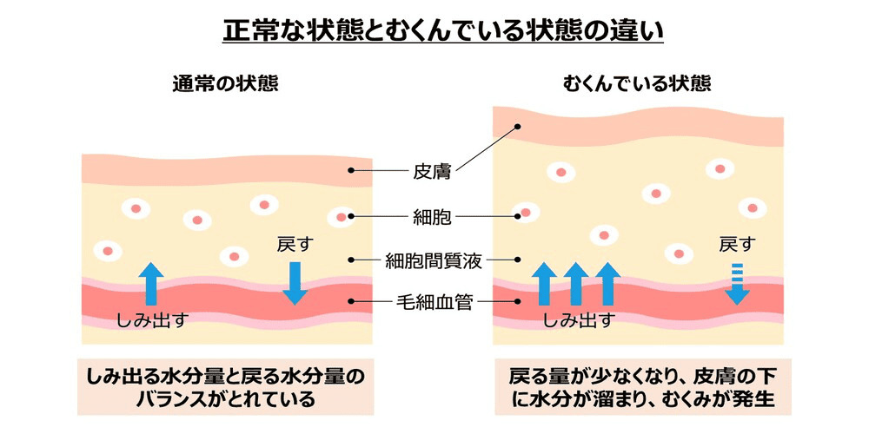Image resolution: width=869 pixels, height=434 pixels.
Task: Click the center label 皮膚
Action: (x=432, y=170)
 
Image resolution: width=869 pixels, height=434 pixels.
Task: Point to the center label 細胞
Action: (x=432, y=215)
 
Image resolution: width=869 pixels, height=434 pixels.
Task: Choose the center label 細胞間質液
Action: (x=432, y=260)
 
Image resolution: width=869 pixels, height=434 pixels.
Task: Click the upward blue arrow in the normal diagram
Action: (x=153, y=282)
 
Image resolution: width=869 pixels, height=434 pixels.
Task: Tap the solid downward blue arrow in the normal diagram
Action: (x=295, y=281)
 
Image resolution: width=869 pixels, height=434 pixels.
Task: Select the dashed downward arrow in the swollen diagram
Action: (x=737, y=282)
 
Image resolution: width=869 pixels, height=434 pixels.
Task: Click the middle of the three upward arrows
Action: (x=574, y=283)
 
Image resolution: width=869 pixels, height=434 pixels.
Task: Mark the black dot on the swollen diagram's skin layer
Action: (x=517, y=127)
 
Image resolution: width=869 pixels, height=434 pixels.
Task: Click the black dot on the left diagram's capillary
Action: (x=351, y=302)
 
